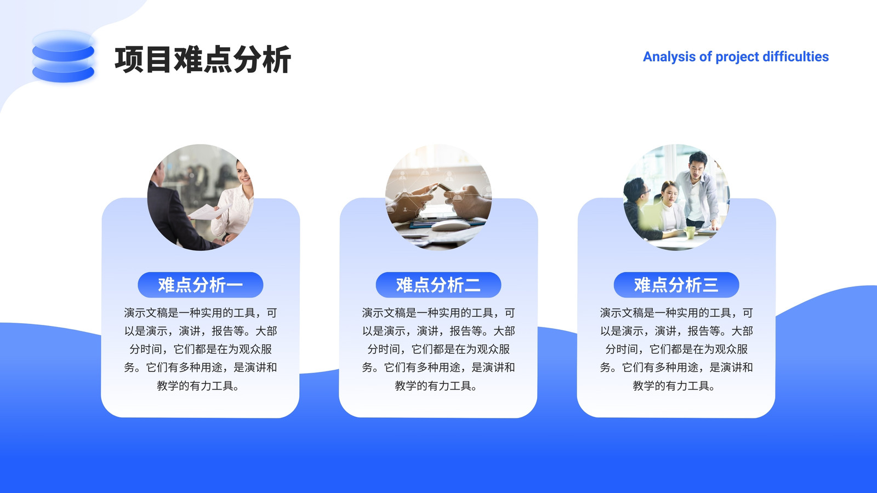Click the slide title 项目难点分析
pos(202,60)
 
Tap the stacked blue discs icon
pos(63,57)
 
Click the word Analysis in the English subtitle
pos(669,57)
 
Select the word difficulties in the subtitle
pos(795,57)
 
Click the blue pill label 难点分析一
pos(201,284)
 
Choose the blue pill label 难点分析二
pos(438,284)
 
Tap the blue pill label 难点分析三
pos(676,284)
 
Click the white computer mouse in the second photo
pos(451,225)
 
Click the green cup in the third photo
pos(690,232)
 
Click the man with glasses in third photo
pos(641,208)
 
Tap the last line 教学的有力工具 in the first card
pos(198,386)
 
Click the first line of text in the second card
pos(438,313)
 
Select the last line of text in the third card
pos(674,386)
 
